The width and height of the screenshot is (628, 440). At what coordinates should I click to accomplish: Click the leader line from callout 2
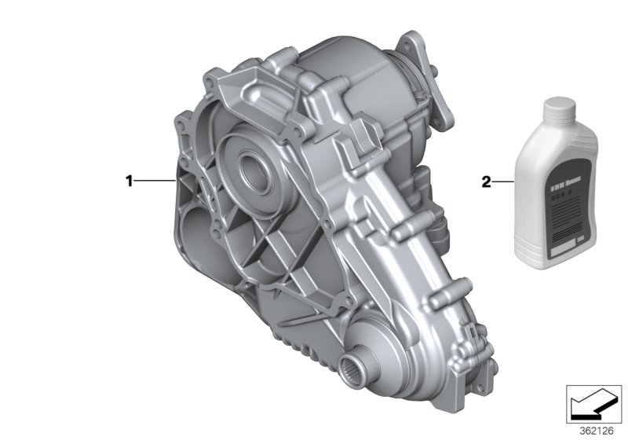point(502,181)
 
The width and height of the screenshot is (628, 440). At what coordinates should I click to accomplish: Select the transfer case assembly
point(314,212)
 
